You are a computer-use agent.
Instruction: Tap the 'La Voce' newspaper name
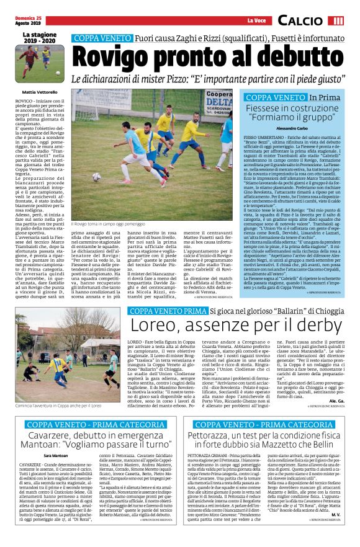(256, 22)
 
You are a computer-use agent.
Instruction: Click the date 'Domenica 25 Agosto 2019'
(27, 21)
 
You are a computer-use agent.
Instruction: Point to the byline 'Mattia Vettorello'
(38, 92)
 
